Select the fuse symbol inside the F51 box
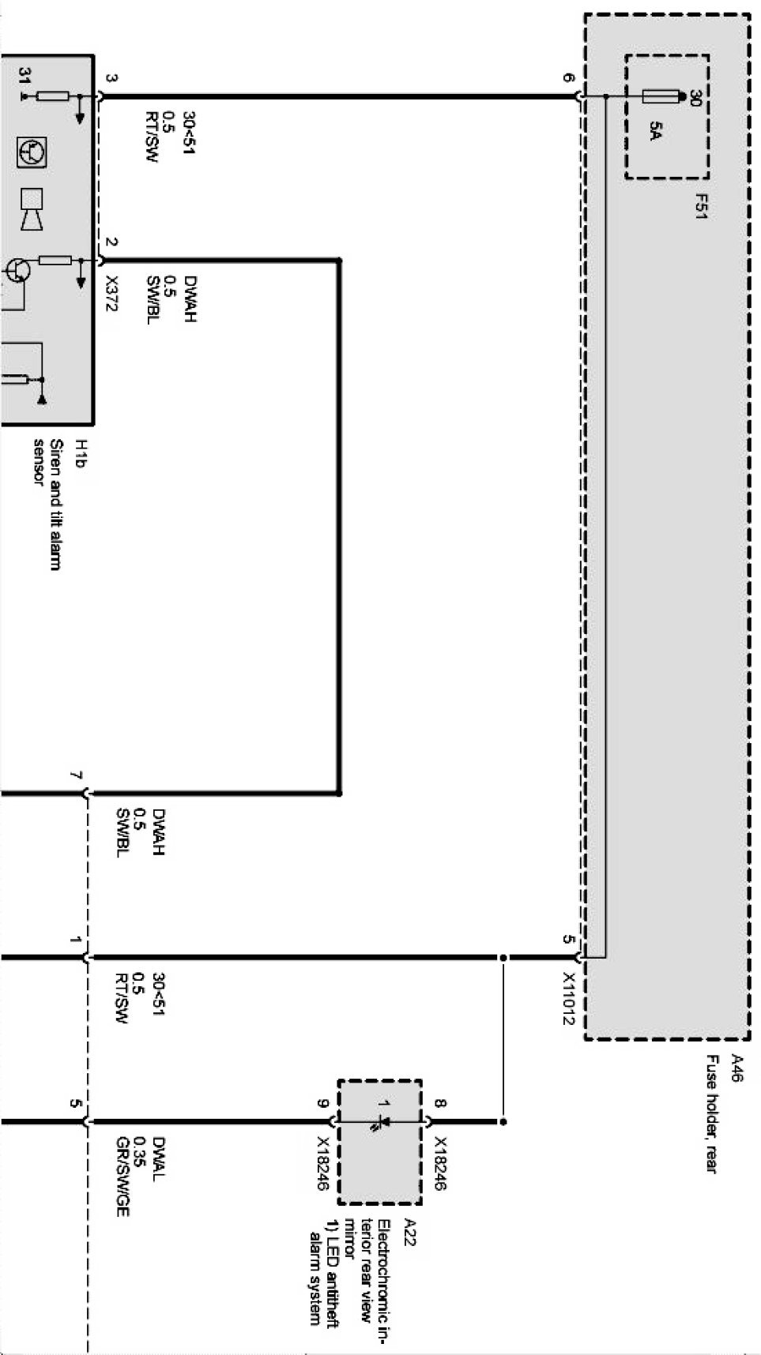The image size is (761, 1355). [662, 97]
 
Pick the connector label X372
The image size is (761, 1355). [111, 294]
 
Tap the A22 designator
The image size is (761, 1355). [410, 1233]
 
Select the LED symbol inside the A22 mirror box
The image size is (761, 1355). [381, 1121]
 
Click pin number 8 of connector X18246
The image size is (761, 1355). [440, 1103]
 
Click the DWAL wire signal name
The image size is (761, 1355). [159, 1158]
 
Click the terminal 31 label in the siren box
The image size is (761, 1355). [25, 76]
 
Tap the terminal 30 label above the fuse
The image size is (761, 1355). [695, 99]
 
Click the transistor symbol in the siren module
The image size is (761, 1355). [20, 270]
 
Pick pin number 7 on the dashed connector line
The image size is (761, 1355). [76, 776]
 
